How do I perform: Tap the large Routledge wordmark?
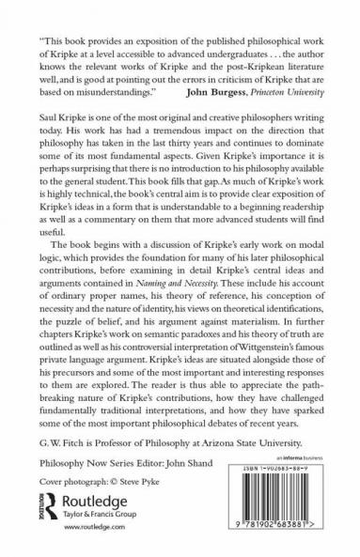(x=92, y=498)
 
